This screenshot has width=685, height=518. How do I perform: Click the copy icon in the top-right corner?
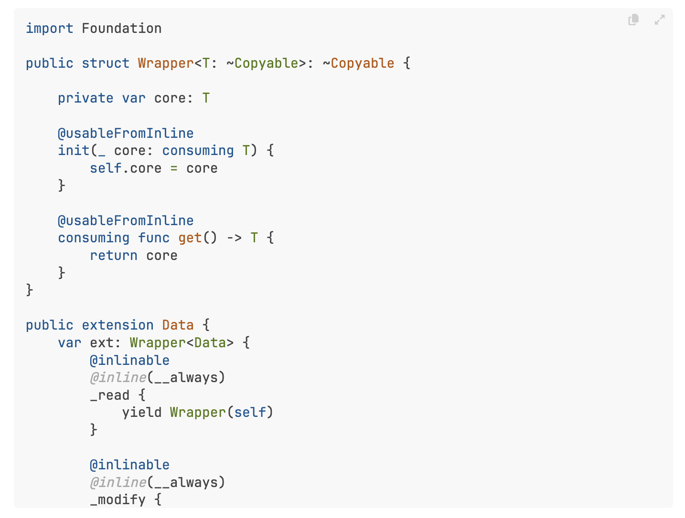click(633, 20)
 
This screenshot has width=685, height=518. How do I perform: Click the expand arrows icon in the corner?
click(660, 20)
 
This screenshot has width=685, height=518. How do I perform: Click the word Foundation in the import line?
click(121, 29)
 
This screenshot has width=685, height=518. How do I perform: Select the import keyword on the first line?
click(49, 29)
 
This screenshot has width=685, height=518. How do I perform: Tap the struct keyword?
click(105, 63)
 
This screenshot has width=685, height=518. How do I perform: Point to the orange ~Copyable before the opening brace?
click(358, 63)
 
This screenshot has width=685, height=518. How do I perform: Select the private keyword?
click(86, 98)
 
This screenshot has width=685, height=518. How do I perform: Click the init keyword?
click(74, 151)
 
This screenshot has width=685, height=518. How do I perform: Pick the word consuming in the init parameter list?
click(198, 151)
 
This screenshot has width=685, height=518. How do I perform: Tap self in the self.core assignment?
click(106, 168)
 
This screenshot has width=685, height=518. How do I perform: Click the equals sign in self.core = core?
click(174, 168)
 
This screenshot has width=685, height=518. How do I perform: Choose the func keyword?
click(154, 238)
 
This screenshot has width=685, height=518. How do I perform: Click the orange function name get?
click(190, 238)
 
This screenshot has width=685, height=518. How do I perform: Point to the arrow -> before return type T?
click(234, 238)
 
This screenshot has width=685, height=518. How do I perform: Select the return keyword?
click(114, 256)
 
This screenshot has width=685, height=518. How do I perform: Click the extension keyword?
click(118, 325)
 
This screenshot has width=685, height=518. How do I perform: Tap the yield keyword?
click(141, 413)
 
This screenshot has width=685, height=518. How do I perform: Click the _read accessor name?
click(110, 395)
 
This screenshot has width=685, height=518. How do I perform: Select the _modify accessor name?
click(118, 500)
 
